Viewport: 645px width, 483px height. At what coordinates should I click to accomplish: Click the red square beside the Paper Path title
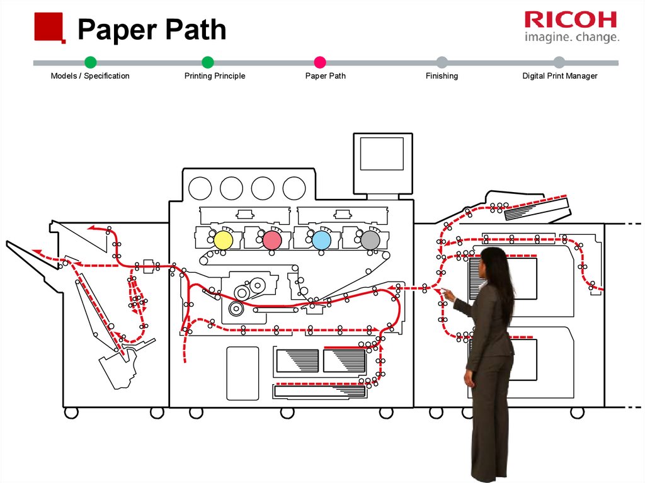tap(50, 26)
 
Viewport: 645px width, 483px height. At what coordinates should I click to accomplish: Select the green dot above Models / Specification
tap(90, 62)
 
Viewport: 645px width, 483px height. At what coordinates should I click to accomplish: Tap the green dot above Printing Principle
tap(208, 62)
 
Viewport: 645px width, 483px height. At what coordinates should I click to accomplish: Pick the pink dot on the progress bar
tap(320, 62)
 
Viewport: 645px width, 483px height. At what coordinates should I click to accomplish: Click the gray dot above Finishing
tap(442, 62)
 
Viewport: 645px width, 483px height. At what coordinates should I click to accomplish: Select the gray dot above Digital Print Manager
tap(559, 62)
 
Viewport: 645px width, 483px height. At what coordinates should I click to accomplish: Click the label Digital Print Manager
tap(559, 76)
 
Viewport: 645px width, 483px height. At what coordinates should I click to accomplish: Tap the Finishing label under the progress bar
tap(442, 76)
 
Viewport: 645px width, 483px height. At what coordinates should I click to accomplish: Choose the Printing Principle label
tap(214, 76)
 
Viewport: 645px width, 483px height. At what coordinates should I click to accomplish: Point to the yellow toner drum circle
tap(224, 239)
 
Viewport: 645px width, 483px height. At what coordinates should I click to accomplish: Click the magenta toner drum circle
tap(272, 239)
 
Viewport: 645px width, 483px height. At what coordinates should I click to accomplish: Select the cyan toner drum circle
tap(321, 239)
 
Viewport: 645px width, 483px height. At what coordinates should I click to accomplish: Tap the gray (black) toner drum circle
tap(370, 239)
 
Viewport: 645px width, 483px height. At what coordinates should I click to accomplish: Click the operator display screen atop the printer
tap(382, 154)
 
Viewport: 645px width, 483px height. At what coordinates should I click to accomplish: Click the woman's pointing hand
tap(448, 293)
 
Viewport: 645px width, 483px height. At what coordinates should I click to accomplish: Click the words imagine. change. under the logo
tap(571, 37)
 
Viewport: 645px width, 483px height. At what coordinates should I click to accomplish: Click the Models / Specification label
tap(90, 76)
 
